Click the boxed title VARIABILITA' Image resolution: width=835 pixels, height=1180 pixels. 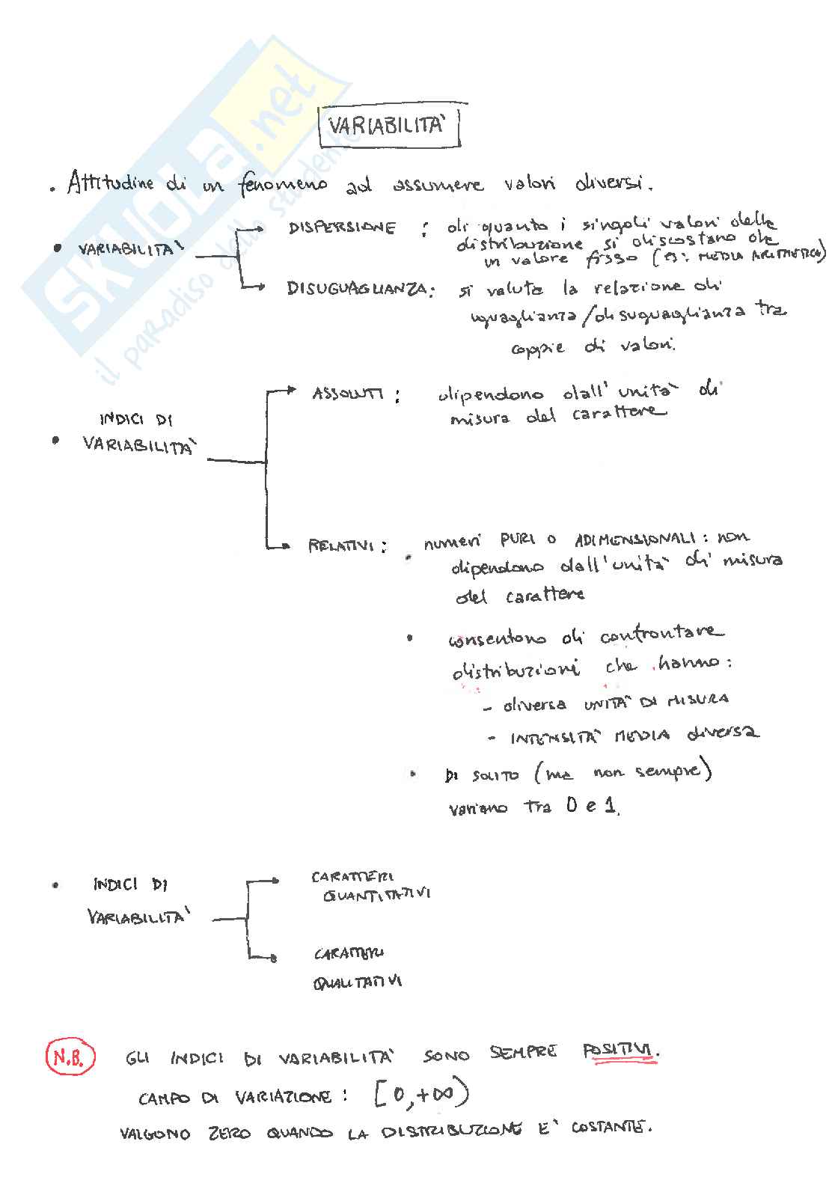(388, 126)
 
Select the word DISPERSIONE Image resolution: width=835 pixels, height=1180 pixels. (342, 228)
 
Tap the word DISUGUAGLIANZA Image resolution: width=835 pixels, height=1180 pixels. (359, 289)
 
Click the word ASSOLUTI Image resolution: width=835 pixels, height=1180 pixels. (348, 394)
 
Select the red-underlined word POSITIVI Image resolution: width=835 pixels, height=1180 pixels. (620, 1051)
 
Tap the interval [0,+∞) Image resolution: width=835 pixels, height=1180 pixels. (420, 1095)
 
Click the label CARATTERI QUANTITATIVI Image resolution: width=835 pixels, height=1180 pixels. (370, 886)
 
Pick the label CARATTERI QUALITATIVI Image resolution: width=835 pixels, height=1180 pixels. (357, 967)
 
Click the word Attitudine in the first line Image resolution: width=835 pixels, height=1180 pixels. (110, 183)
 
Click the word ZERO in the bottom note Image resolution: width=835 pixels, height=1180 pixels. (229, 1134)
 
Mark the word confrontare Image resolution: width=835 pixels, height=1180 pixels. (661, 635)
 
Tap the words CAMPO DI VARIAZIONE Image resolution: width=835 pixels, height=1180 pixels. (235, 1098)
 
